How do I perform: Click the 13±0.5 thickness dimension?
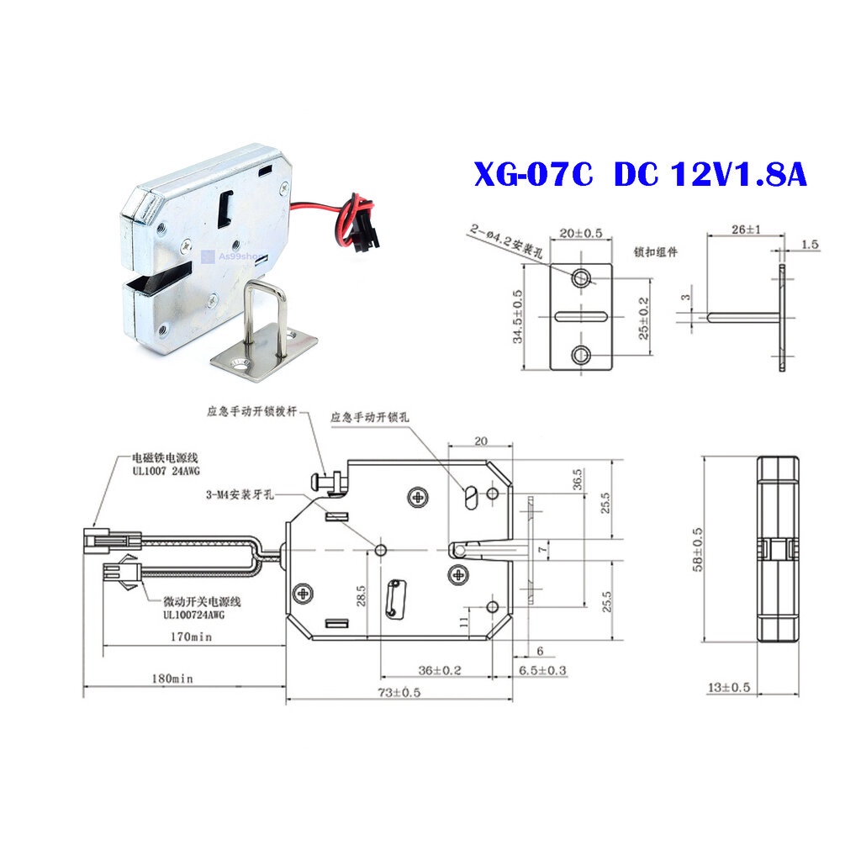click(x=727, y=687)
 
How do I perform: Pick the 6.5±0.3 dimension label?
click(x=542, y=669)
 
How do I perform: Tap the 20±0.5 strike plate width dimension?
click(x=580, y=233)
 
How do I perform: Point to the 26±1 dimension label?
click(x=724, y=229)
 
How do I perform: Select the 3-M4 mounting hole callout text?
click(x=239, y=494)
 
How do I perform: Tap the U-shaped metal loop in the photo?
click(x=262, y=314)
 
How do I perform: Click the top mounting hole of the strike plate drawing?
click(x=581, y=277)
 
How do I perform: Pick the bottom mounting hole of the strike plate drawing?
click(x=581, y=355)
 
